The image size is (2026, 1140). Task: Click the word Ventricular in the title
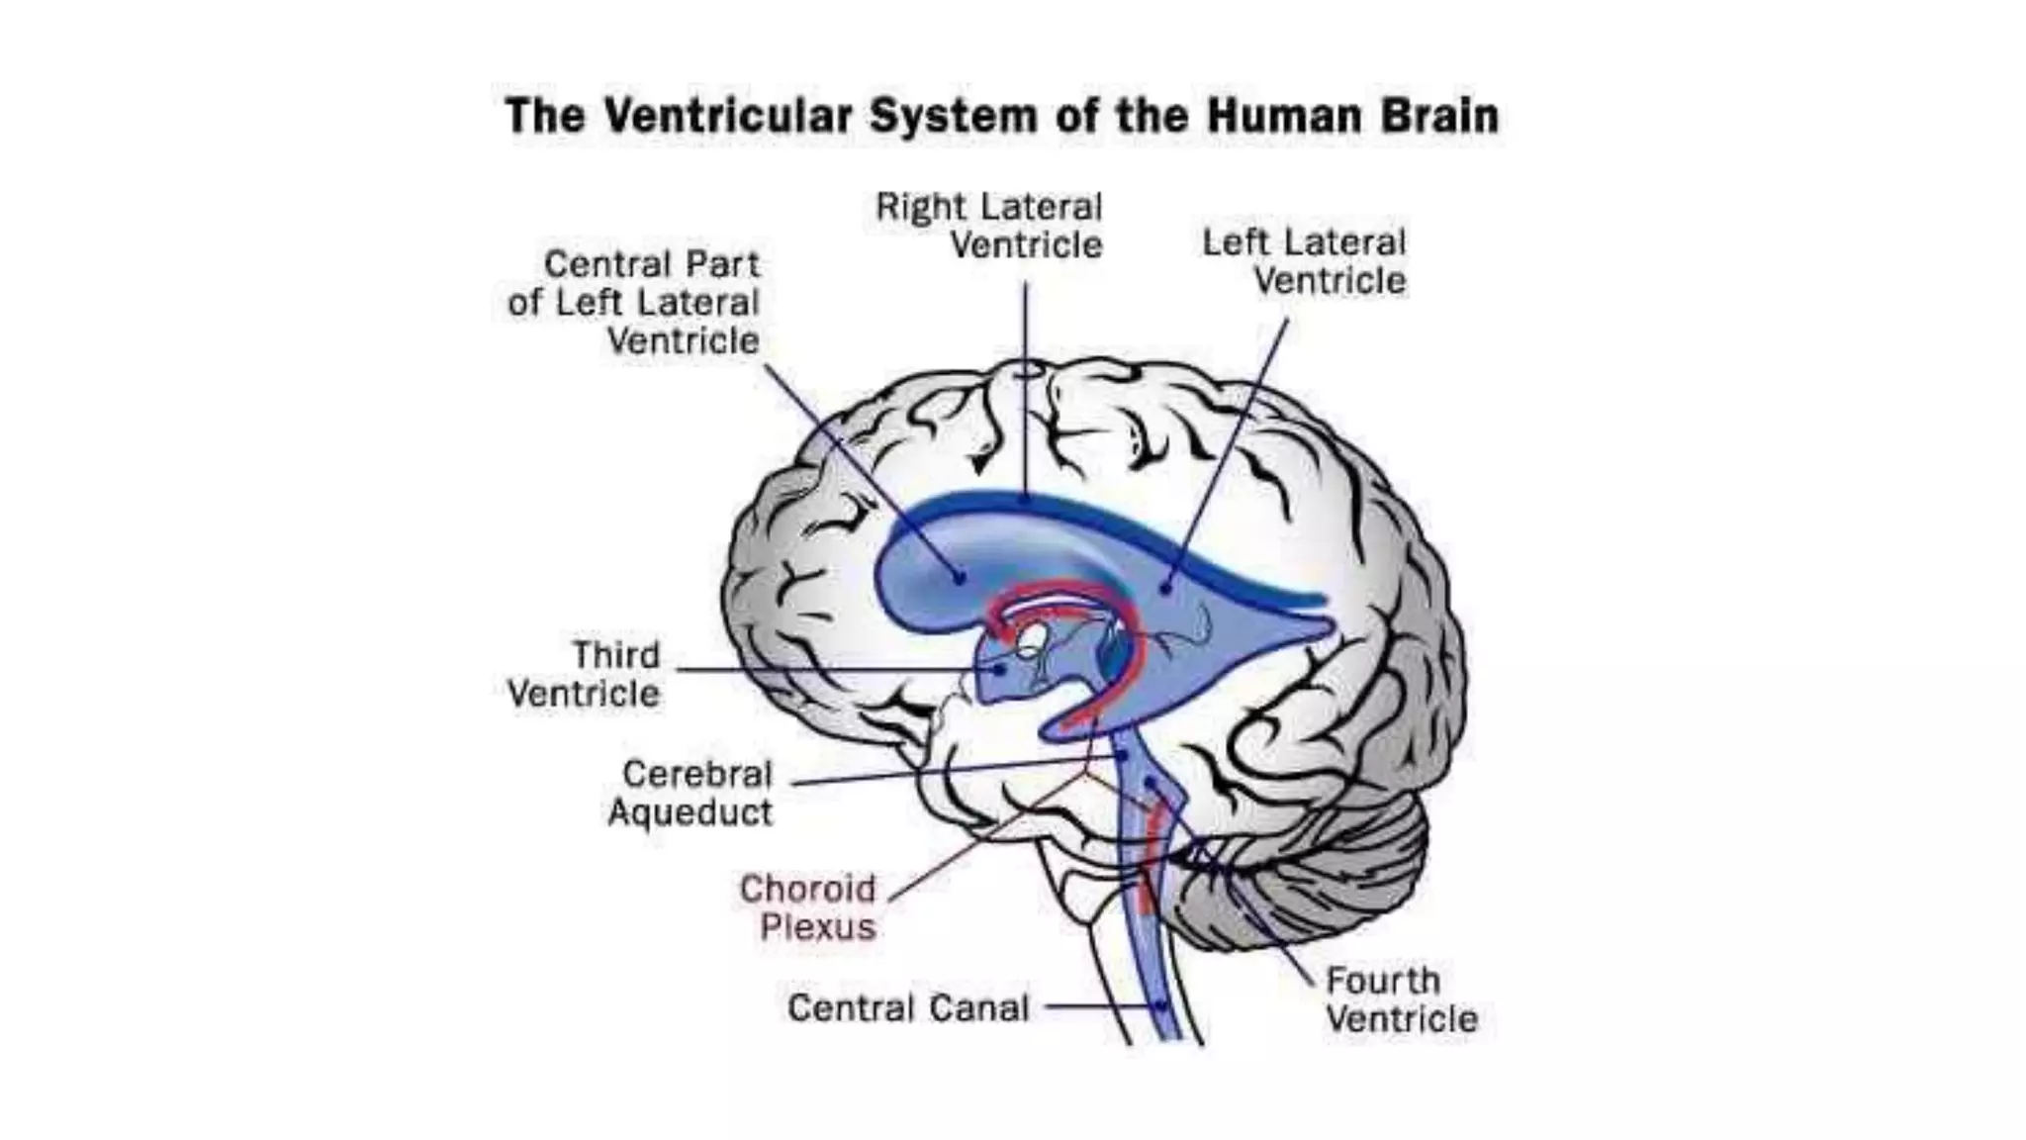tap(727, 116)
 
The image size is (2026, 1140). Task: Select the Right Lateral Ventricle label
tap(989, 226)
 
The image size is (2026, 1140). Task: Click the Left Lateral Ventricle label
tap(1304, 261)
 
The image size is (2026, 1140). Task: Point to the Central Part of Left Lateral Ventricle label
tap(634, 302)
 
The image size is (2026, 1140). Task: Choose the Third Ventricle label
tap(585, 674)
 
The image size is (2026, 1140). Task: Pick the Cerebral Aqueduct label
tap(691, 792)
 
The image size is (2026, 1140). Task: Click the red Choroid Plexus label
tap(808, 907)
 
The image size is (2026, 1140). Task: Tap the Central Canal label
tap(908, 1008)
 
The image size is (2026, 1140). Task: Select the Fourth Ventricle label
tap(1401, 999)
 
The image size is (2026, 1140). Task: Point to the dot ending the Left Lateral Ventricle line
tap(1166, 589)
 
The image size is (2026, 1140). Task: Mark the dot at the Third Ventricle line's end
tap(1000, 670)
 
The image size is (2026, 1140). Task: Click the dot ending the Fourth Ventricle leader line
tap(1151, 783)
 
